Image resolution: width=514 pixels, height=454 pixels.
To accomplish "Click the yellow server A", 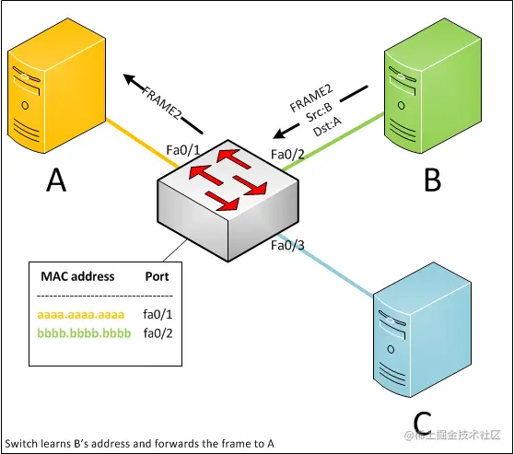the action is (56, 86).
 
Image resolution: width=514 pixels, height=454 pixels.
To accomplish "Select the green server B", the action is (433, 86).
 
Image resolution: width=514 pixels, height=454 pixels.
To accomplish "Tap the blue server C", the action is (422, 330).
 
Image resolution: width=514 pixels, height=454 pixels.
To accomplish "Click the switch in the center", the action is (228, 201).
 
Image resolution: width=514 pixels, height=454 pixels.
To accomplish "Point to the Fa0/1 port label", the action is (183, 150).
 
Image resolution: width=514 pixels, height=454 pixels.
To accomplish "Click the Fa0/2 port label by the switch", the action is (287, 154).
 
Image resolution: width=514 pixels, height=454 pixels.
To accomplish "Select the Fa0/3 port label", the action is (287, 245).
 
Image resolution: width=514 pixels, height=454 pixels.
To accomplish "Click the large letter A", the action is (56, 180).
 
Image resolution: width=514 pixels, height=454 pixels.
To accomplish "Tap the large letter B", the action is (432, 180).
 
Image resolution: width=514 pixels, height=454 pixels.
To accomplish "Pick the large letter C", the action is (422, 423).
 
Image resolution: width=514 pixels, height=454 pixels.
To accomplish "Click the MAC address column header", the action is (77, 276).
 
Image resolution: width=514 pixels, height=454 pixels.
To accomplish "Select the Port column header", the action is (157, 276).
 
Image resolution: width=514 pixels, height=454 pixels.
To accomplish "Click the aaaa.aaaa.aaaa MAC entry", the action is (81, 314).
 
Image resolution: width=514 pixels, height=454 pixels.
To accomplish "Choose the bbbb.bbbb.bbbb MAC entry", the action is (84, 333).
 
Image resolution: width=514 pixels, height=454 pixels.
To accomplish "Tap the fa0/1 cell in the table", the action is (158, 314).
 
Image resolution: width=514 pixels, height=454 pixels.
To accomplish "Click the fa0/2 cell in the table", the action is (158, 333).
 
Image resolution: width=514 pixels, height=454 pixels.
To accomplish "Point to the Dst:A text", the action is (327, 126).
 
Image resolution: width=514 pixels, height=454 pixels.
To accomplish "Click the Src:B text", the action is (319, 112).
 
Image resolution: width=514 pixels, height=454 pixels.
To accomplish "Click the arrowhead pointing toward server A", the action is (130, 79).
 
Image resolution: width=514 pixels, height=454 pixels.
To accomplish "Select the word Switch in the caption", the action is (21, 444).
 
